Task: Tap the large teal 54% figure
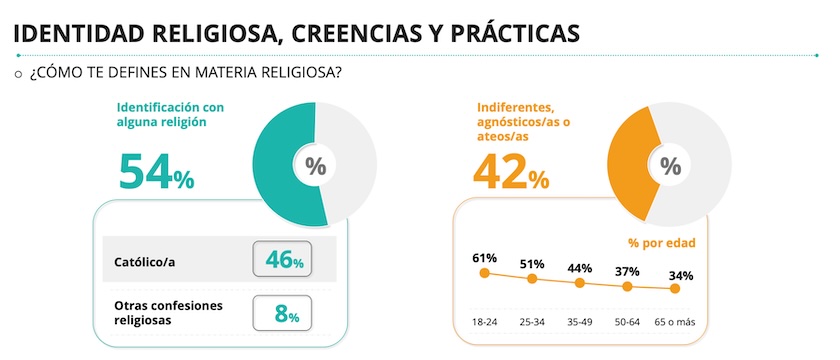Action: tap(155, 172)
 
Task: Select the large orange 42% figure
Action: tap(510, 172)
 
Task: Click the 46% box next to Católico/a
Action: tap(283, 260)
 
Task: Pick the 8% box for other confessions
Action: tap(283, 313)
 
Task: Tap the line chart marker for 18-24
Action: tap(484, 272)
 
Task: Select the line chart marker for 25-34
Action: tap(532, 279)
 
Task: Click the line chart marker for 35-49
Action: tap(580, 283)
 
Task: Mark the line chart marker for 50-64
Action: tap(627, 287)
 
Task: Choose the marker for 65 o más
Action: tap(675, 289)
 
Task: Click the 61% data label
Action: tap(484, 258)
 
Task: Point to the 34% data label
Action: tap(681, 275)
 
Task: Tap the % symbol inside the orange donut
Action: tap(671, 166)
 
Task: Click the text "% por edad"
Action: tap(661, 242)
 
